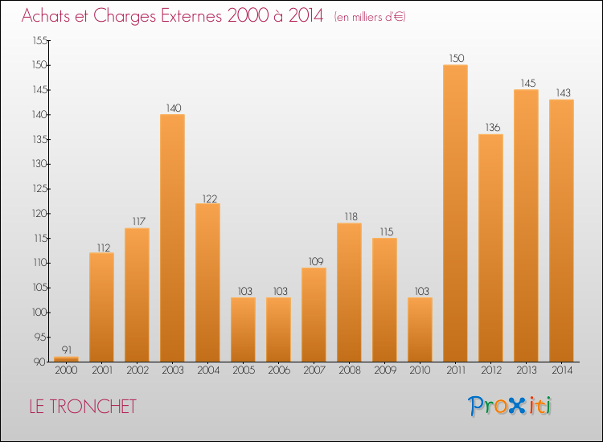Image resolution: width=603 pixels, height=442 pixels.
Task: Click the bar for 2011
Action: click(x=455, y=213)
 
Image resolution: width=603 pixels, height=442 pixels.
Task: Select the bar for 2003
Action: click(x=172, y=238)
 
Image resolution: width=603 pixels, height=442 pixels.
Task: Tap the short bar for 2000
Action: click(x=66, y=359)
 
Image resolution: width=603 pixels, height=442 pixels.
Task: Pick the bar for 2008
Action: click(x=349, y=293)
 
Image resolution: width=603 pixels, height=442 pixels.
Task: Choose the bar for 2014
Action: click(x=561, y=231)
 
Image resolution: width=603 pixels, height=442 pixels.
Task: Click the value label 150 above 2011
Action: click(x=455, y=58)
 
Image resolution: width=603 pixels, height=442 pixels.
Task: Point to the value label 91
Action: click(x=66, y=350)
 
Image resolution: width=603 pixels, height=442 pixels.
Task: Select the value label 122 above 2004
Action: click(x=207, y=198)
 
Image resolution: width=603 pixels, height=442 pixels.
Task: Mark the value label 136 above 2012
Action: click(x=490, y=127)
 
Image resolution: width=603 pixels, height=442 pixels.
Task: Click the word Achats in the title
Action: click(x=51, y=17)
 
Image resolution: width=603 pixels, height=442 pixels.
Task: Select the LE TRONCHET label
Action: click(x=83, y=407)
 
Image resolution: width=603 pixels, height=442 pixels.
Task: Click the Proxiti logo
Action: click(x=510, y=406)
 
